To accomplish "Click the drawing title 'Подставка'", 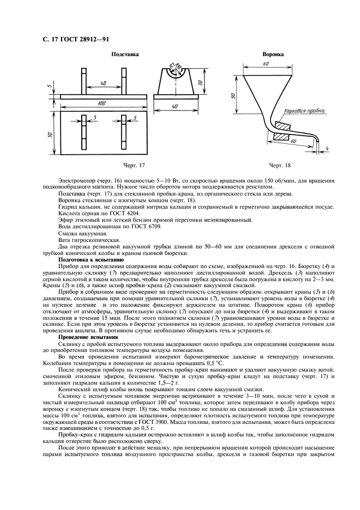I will [x=125, y=54].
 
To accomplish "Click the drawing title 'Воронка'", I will [x=272, y=54].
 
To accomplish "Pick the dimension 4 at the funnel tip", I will [x=327, y=148].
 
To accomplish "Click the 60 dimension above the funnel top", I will [x=265, y=64].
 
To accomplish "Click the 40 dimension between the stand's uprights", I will [x=103, y=83].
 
